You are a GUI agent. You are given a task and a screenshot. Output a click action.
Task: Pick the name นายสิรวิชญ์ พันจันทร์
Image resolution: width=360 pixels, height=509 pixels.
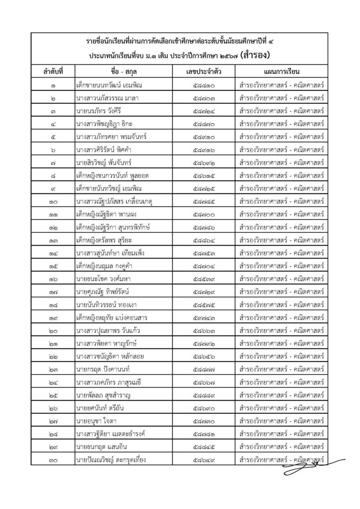106,163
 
